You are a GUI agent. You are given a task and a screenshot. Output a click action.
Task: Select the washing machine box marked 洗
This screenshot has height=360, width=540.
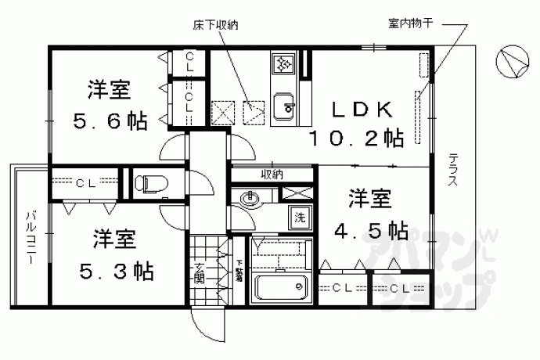299,218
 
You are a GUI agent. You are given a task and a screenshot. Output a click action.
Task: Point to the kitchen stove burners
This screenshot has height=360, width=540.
283,63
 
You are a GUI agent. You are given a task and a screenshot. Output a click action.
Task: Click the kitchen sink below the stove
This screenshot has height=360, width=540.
283,105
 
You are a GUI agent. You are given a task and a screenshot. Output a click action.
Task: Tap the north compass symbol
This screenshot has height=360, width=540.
513,61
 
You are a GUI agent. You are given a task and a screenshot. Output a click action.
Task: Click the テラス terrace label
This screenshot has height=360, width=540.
454,167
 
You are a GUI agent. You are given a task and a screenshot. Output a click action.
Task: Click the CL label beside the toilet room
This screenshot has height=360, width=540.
86,183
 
